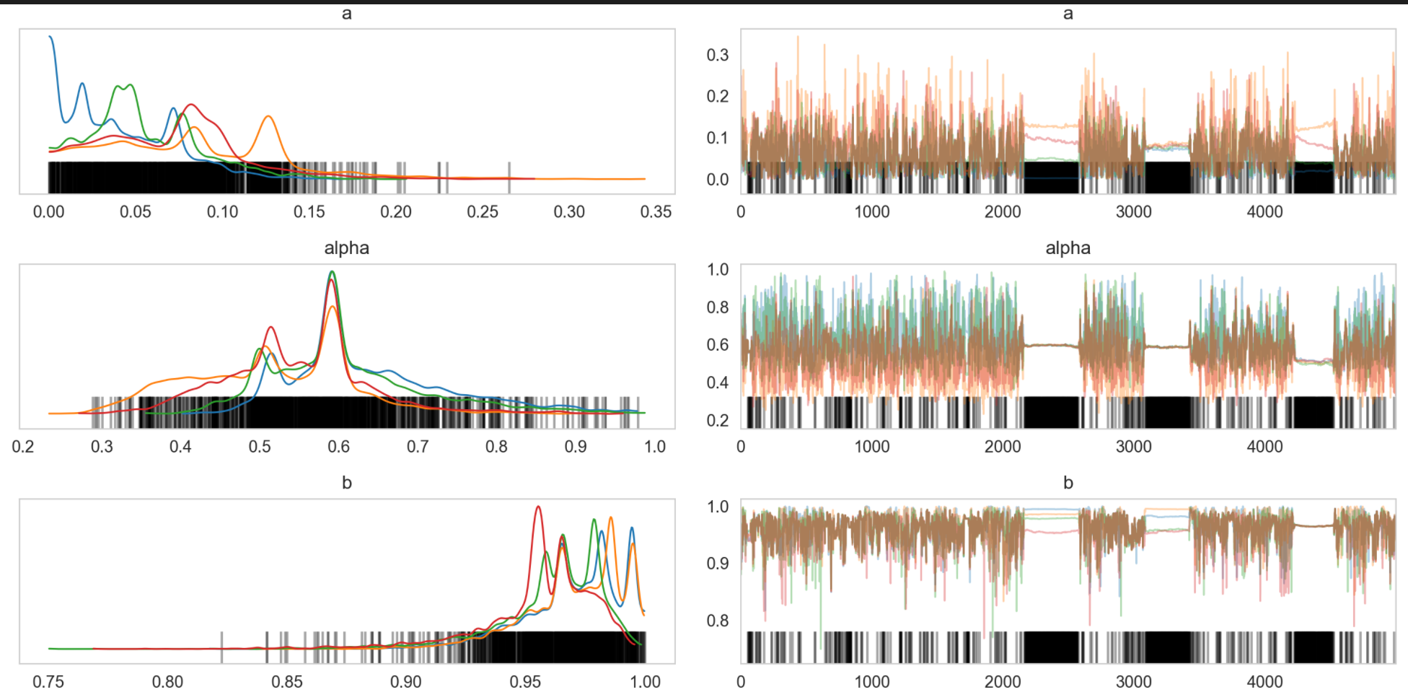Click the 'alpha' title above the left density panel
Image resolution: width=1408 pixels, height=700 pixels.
click(x=346, y=248)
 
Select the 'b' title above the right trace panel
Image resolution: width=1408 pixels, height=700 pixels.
click(x=1068, y=483)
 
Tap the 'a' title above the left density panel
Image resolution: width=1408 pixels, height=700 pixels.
click(x=346, y=13)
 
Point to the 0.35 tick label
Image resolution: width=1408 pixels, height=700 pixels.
click(x=655, y=212)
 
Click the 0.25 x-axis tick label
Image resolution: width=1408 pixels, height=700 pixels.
click(x=482, y=212)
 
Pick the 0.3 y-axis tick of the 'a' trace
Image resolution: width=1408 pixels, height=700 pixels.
click(x=717, y=55)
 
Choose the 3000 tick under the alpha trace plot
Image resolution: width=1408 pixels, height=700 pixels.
click(x=1133, y=447)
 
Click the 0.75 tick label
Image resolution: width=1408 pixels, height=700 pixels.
click(x=48, y=682)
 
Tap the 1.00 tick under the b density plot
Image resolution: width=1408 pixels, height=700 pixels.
click(x=645, y=682)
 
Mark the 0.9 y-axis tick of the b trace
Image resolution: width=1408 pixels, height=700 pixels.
click(x=717, y=564)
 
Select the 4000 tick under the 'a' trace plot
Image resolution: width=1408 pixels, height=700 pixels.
click(x=1264, y=212)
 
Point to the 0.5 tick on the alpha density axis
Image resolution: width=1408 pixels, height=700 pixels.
click(x=260, y=447)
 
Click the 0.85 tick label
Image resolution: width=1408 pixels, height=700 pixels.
click(x=287, y=682)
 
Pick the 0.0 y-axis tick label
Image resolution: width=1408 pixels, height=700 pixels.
click(x=717, y=180)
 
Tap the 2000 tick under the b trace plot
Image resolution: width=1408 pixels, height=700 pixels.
click(x=1002, y=682)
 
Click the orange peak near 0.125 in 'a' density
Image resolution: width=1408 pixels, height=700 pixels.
click(x=268, y=116)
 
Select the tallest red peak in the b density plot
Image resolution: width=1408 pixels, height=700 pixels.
click(x=537, y=507)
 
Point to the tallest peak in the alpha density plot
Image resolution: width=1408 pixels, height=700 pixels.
click(x=332, y=272)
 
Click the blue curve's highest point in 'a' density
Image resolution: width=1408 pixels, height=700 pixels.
click(x=50, y=36)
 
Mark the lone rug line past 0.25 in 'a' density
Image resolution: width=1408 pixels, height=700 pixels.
click(x=509, y=178)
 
